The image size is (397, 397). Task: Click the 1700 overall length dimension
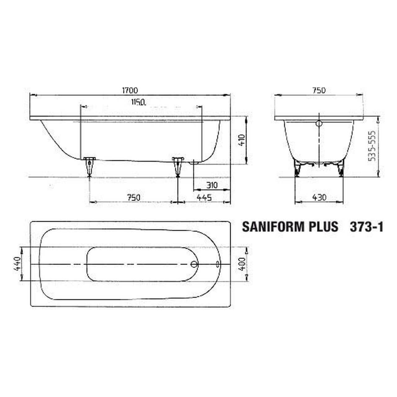(130, 91)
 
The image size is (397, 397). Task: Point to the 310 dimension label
(212, 185)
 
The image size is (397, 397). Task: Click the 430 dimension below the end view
(319, 197)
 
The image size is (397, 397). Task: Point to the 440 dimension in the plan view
(17, 264)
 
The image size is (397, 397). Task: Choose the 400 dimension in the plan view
(242, 264)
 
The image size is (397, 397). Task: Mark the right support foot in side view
(177, 166)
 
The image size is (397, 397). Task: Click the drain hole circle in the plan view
(194, 264)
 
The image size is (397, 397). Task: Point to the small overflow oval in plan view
(218, 264)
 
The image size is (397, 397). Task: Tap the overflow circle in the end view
(319, 123)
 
